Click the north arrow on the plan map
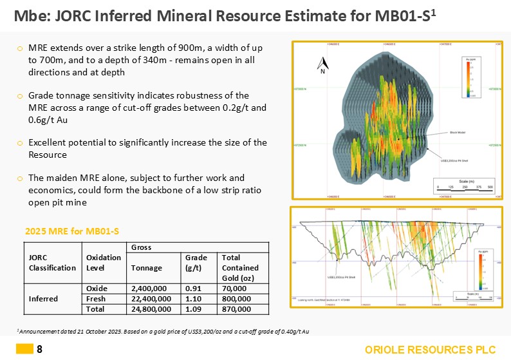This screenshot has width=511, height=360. click(x=325, y=63)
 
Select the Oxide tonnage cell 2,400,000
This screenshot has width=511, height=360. click(x=151, y=288)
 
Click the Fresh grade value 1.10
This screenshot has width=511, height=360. click(x=192, y=299)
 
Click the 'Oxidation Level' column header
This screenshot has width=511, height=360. click(x=103, y=263)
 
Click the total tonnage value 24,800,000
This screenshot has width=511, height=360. click(x=151, y=310)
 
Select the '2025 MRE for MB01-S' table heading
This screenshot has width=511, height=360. click(x=72, y=231)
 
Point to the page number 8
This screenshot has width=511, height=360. click(x=40, y=350)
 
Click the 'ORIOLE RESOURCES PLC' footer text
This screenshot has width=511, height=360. click(x=431, y=350)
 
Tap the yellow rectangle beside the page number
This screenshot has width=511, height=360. click(x=24, y=350)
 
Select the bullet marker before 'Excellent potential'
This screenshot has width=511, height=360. click(x=21, y=142)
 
